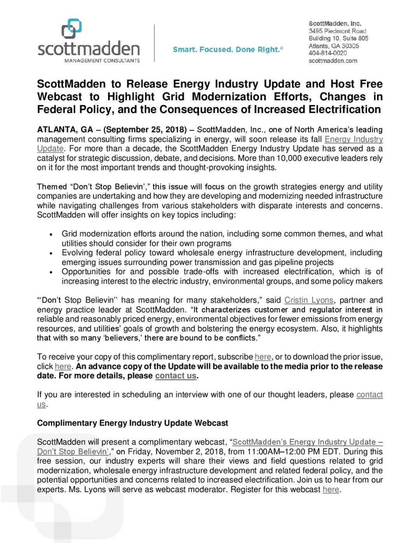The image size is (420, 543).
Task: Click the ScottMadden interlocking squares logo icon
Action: click(72, 29)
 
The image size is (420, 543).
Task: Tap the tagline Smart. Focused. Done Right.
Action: click(227, 50)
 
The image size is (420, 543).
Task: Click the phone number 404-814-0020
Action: click(327, 53)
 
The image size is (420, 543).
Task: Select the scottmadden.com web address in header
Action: click(333, 61)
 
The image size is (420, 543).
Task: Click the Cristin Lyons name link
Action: click(309, 300)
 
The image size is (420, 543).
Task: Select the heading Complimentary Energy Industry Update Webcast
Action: click(133, 423)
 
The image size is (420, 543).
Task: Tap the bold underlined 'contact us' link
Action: click(175, 376)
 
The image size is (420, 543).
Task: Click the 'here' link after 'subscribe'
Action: click(263, 357)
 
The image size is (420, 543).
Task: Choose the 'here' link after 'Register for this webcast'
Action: click(331, 490)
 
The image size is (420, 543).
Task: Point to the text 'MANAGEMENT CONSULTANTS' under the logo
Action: click(102, 61)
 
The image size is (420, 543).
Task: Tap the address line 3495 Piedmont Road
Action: click(338, 31)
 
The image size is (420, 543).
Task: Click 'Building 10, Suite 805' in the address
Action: click(338, 38)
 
